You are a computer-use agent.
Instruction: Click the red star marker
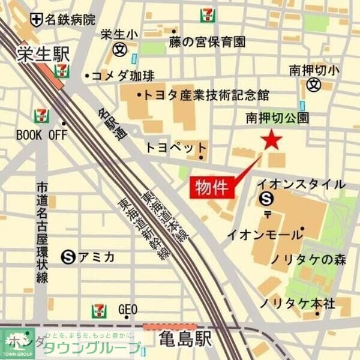272,140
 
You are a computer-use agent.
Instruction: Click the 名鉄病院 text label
70,20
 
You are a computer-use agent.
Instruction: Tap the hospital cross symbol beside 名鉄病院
37,20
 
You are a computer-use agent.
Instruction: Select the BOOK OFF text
41,135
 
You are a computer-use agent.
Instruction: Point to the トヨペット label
176,148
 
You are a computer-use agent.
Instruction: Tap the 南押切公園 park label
278,118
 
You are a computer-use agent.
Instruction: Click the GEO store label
128,310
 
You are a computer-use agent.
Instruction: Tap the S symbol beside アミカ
69,257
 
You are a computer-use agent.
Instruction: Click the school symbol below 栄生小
121,49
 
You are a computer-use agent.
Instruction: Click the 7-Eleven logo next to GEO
100,311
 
